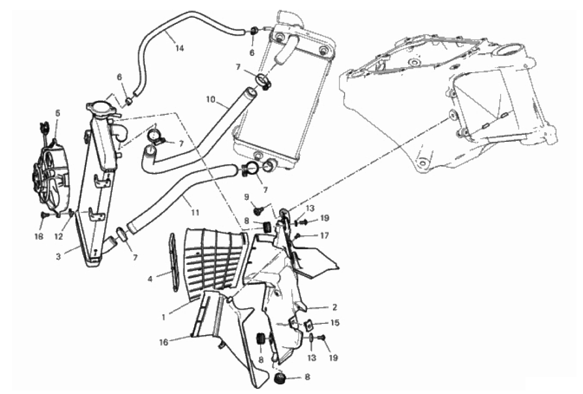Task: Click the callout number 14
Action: click(x=178, y=48)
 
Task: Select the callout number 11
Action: click(x=195, y=211)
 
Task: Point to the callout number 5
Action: click(x=57, y=113)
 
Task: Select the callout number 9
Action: click(x=247, y=196)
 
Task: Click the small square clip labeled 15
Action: click(x=308, y=324)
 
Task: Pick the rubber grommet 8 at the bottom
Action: click(x=279, y=379)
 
